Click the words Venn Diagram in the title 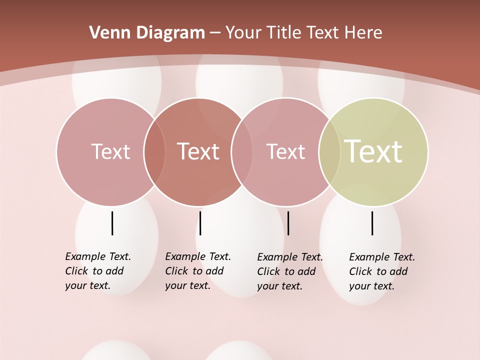point(147,33)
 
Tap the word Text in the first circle point(110,151)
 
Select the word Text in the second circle point(198,151)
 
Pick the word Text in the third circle point(285,151)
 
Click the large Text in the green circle point(373,151)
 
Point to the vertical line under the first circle point(112,223)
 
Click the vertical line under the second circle point(200,223)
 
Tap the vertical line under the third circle point(288,223)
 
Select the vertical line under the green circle point(372,223)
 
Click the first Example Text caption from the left point(98,271)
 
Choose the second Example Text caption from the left point(198,271)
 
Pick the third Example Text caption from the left point(290,271)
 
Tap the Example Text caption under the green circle point(382,271)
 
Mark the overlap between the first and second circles point(154,151)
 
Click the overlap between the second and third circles point(242,151)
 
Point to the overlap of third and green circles point(329,151)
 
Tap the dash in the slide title point(215,33)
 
